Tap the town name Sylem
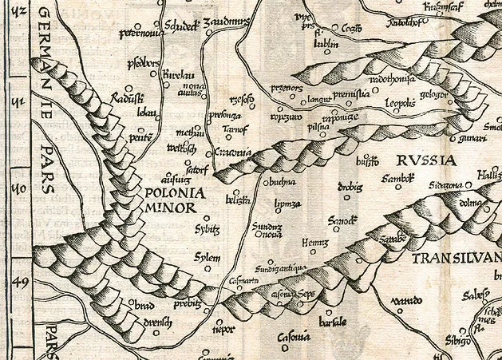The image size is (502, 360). pos(207,257)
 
